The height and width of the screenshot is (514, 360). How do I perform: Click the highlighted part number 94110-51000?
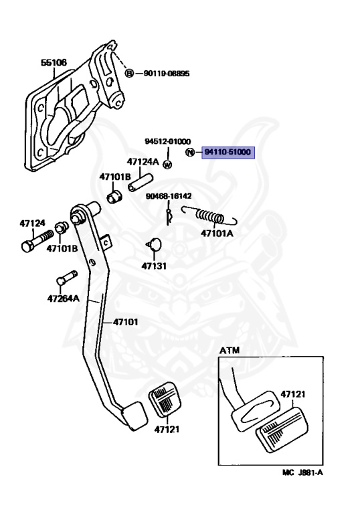coord(228,152)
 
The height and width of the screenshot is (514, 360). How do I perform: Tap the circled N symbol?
coord(190,152)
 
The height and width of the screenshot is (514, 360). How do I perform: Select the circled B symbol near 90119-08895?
coord(130,73)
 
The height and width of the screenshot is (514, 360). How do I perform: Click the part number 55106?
coord(54,62)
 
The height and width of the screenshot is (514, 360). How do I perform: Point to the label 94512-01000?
coord(167,141)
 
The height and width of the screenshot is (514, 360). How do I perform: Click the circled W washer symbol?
coord(167,165)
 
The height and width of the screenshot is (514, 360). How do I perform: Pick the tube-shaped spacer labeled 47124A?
coord(141,182)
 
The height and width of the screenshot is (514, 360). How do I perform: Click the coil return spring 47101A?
coord(210,216)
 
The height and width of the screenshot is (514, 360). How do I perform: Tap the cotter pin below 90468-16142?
coord(169,216)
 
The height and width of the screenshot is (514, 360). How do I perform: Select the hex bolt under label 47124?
coord(37,241)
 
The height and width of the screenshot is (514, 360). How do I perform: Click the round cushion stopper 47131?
coord(155,244)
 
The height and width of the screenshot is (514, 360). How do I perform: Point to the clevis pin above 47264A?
coord(66,278)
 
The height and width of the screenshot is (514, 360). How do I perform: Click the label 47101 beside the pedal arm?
coord(126,322)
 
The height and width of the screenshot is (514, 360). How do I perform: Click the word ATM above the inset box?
coord(230,351)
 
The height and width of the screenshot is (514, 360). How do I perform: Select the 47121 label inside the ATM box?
coord(293,394)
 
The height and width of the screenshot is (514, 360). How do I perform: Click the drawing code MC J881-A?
coord(302,473)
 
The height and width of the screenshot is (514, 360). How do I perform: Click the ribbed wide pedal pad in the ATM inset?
coord(282,430)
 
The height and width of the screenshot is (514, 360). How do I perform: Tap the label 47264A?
coord(64,298)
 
